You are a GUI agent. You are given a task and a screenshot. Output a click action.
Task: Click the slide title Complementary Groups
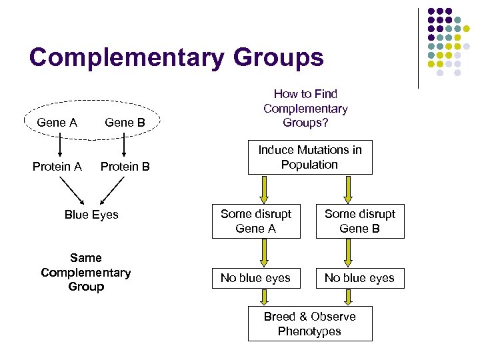point(176,57)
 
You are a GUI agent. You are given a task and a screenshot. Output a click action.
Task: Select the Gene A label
point(57,123)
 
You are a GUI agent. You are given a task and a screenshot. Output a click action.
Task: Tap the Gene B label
point(125,123)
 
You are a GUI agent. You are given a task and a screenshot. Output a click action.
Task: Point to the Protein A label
point(57,167)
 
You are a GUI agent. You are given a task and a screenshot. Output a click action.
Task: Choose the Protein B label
point(125,167)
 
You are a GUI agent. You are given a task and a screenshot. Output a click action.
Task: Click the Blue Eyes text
point(91,215)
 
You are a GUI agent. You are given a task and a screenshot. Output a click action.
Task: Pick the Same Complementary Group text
point(86,272)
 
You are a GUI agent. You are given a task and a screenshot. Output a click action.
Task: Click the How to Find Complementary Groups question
point(305,109)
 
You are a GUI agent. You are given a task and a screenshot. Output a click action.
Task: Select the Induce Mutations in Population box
point(310,157)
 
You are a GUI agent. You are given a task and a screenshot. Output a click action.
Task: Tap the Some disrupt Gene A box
point(256,221)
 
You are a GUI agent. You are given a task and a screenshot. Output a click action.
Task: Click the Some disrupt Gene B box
point(360,221)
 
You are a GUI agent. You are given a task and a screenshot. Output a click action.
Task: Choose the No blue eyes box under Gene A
point(256,278)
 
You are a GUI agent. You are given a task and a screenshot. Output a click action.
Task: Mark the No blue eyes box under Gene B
point(360,278)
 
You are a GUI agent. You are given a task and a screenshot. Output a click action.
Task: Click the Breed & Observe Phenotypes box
point(310,324)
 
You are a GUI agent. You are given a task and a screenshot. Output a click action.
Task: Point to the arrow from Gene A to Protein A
point(59,145)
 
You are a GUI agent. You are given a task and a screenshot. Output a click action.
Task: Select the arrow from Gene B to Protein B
point(125,145)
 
